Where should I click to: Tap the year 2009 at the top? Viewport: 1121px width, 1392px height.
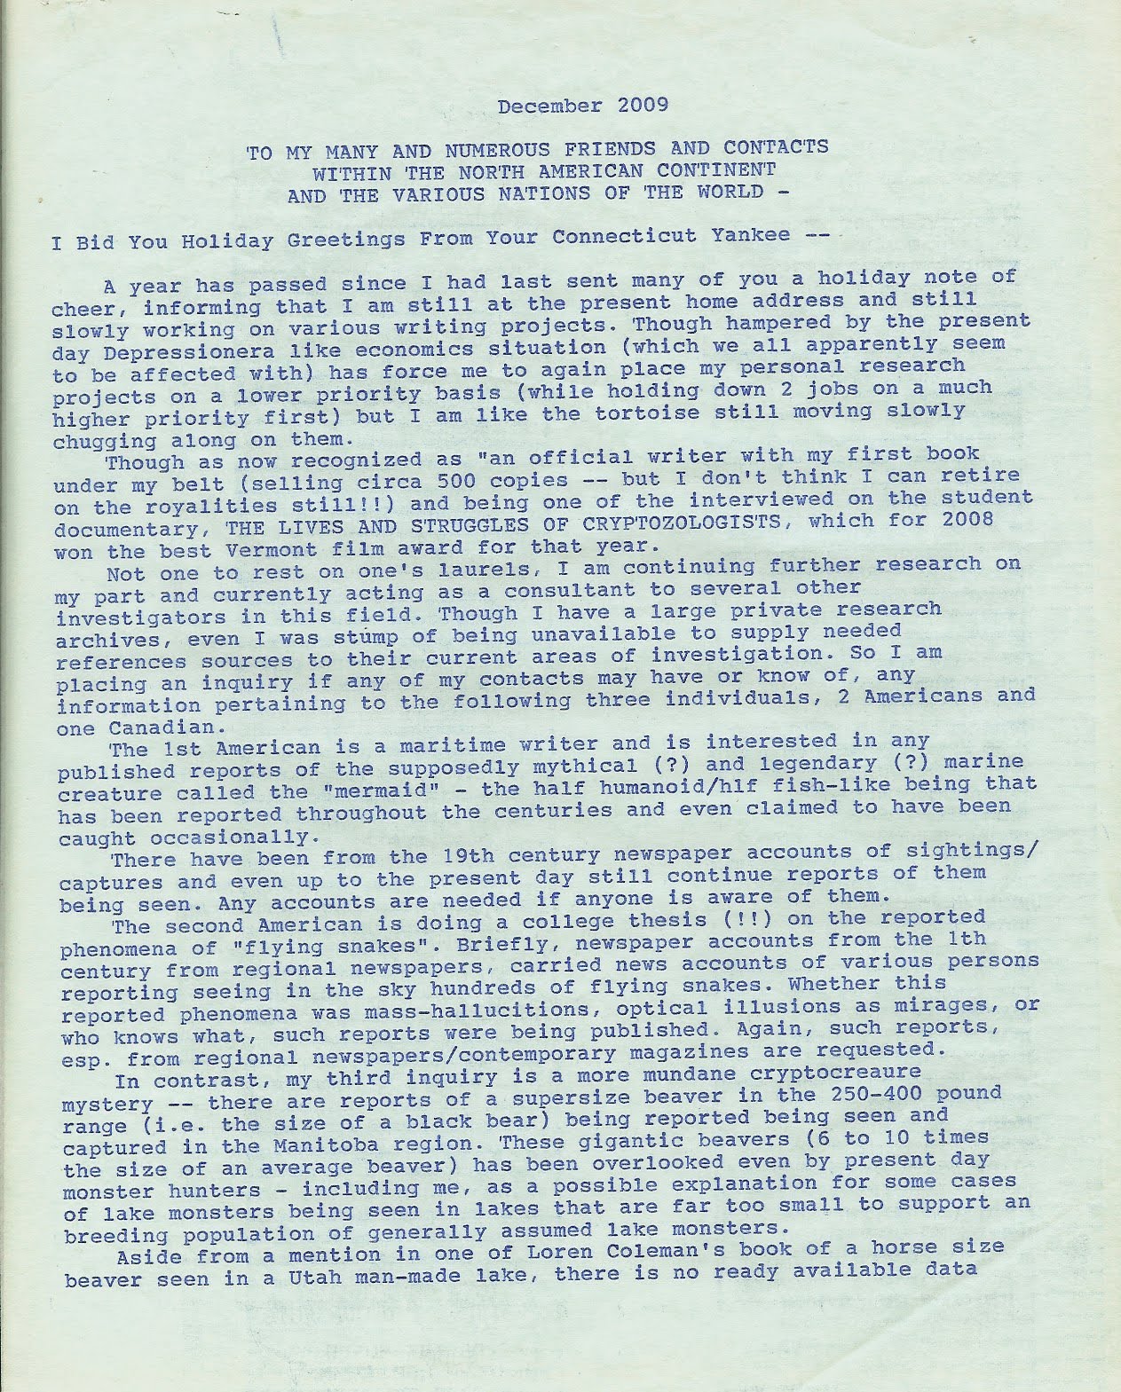pos(636,106)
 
